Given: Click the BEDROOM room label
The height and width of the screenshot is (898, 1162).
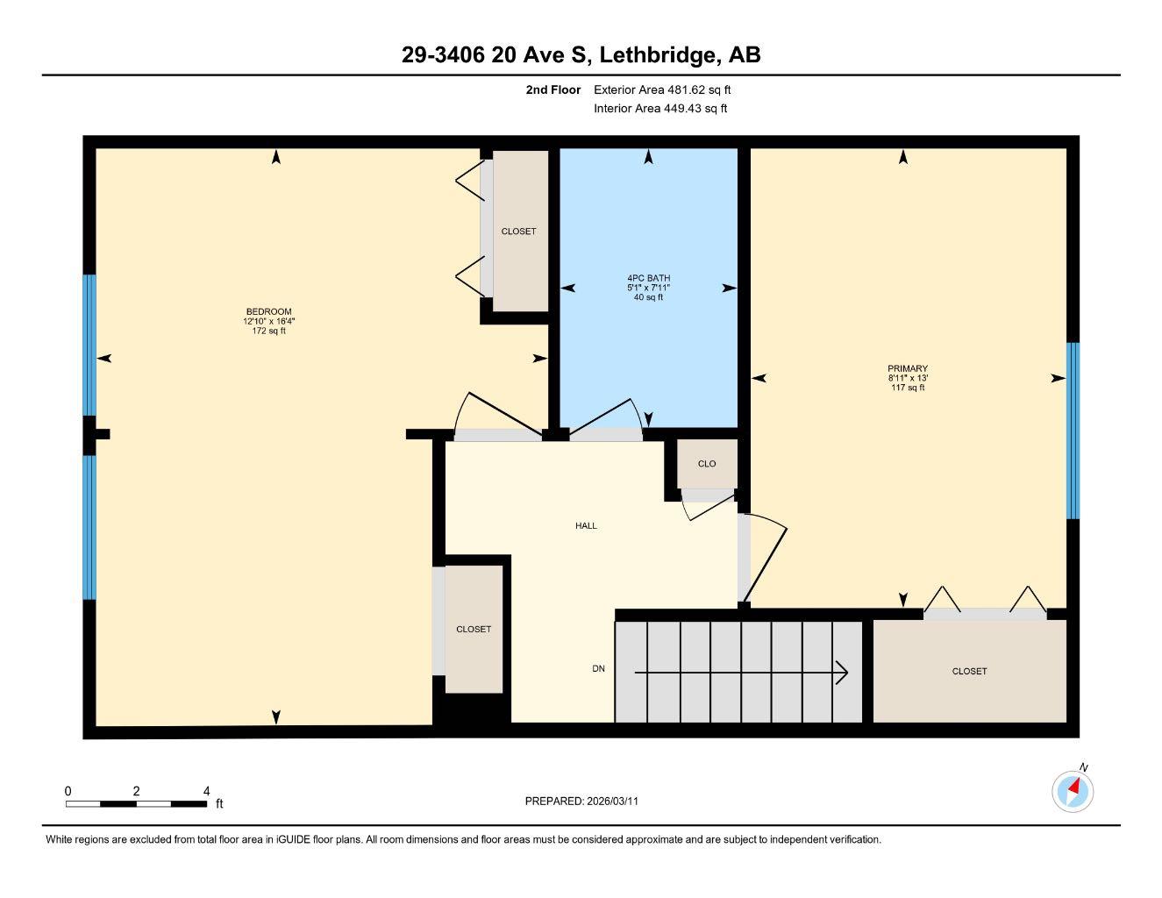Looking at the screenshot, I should tap(268, 311).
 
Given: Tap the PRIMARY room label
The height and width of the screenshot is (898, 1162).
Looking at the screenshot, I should tap(908, 369).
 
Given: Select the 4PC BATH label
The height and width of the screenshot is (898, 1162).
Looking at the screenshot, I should tap(648, 278).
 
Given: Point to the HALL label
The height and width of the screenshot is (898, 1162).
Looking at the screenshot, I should tap(586, 525).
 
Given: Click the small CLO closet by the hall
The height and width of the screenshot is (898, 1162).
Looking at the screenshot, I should tap(707, 464).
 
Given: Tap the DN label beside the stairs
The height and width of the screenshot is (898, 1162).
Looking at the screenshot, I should tap(598, 669).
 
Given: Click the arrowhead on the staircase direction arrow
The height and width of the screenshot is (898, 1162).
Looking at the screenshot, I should tap(842, 673).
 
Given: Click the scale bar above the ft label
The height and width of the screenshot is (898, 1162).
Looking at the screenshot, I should tap(137, 803).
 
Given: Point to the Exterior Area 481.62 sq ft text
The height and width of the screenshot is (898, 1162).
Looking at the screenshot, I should tap(662, 89).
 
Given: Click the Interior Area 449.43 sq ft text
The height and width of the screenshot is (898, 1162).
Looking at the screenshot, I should tap(660, 109).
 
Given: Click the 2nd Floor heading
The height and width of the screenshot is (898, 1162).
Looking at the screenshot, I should tap(552, 89).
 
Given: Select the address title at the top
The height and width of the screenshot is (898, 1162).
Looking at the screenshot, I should tap(581, 55).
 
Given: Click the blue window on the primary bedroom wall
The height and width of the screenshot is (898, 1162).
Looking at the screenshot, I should tap(1073, 430).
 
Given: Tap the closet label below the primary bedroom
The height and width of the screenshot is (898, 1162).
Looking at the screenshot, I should tap(969, 671).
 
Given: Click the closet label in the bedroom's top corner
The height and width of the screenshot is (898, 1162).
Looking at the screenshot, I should tap(518, 232).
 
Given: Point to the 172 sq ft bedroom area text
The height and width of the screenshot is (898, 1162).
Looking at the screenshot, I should tap(268, 331).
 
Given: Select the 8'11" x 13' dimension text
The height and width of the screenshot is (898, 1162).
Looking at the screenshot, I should tap(908, 379).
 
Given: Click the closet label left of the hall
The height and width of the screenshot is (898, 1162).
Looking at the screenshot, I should tap(474, 629).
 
